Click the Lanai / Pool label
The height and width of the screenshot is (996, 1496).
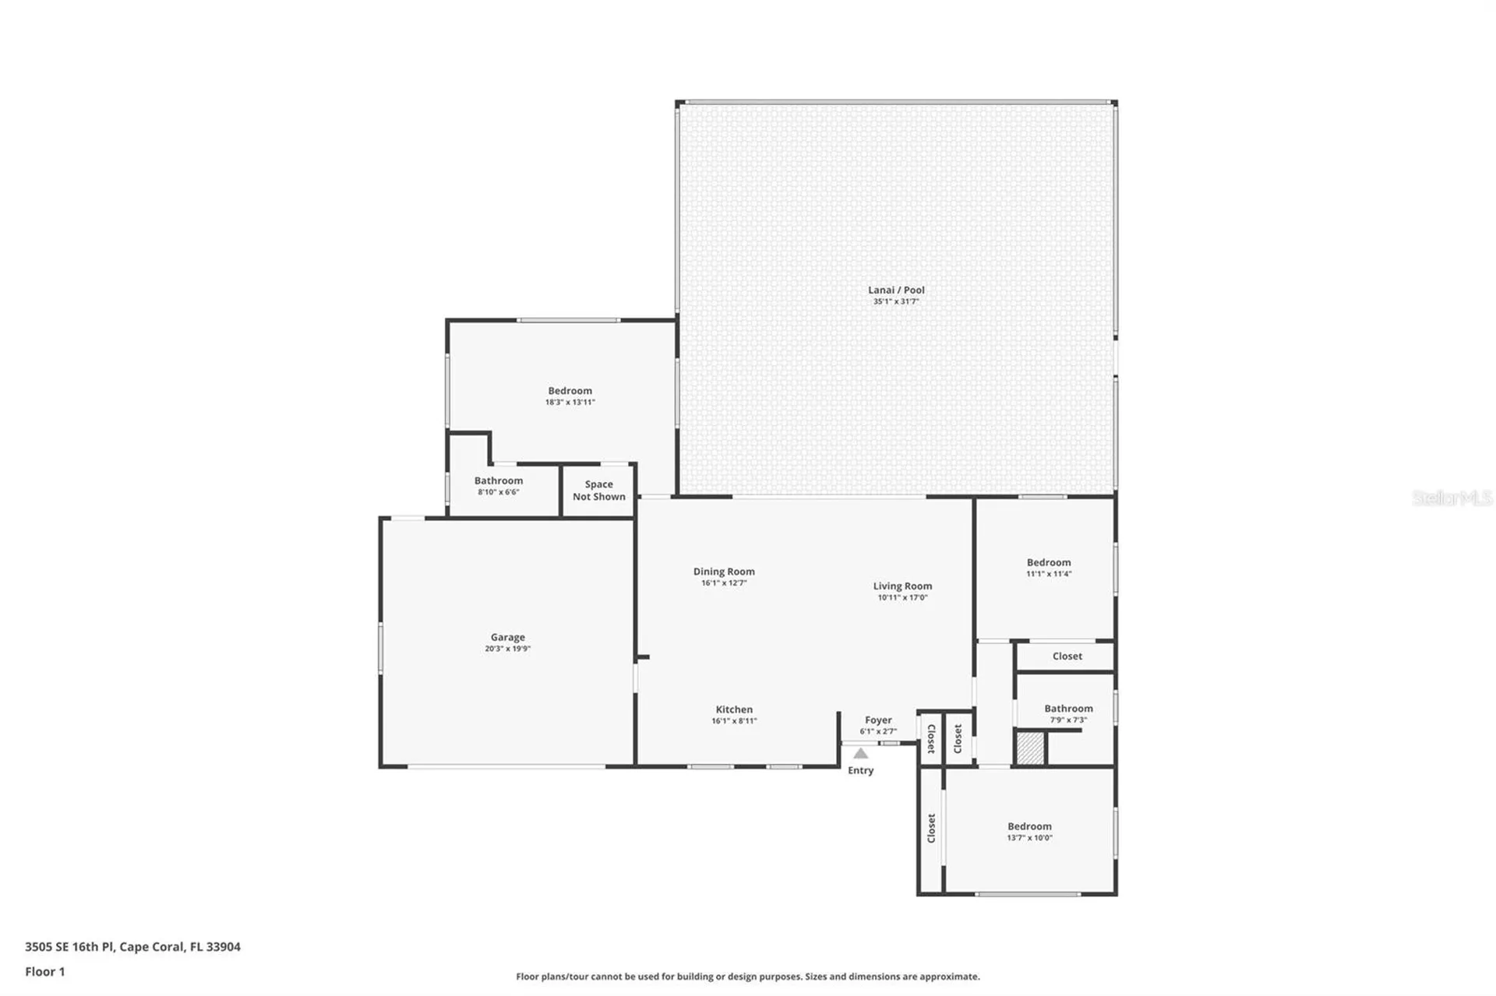896,290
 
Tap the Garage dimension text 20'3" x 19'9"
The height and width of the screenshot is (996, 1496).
507,649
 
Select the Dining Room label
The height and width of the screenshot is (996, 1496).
724,572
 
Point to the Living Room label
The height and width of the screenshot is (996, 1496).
902,586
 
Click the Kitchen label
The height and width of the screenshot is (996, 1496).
734,709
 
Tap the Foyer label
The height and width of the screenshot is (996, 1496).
878,720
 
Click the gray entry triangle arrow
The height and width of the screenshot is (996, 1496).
860,753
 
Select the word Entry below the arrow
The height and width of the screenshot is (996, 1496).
860,770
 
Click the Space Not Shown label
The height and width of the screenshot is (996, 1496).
598,491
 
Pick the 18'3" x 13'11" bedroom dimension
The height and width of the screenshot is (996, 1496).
570,403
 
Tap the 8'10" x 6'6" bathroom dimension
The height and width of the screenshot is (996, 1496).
498,492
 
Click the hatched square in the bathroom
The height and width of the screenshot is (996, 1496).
1030,748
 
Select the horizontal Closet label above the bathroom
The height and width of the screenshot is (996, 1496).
1067,656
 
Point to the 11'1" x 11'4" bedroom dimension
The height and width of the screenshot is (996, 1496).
1049,574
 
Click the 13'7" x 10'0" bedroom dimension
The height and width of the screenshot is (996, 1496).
1029,838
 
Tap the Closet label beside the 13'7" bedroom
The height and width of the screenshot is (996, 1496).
931,829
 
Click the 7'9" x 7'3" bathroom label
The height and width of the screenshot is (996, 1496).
1068,720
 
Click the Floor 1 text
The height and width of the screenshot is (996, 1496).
45,971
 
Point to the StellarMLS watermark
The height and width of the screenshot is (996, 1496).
1452,498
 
